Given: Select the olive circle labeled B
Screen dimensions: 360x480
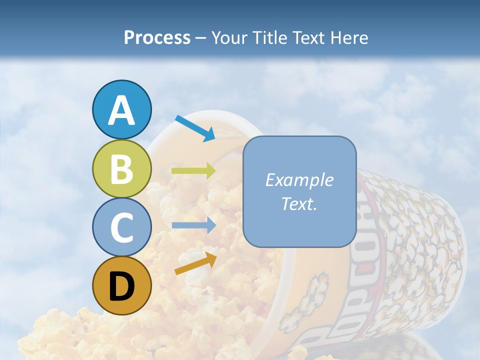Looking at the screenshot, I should click(121, 168).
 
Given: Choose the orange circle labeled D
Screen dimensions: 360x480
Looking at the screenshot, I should click(121, 285).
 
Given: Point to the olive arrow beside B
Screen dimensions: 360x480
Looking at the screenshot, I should click(193, 171).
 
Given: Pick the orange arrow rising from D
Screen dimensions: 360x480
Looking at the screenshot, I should click(195, 263).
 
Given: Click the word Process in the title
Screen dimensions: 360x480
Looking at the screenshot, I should click(157, 37).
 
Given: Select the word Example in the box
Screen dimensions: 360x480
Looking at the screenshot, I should click(299, 180).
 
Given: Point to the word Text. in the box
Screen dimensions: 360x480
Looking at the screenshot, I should click(299, 204).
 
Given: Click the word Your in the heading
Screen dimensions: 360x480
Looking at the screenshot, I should click(230, 37).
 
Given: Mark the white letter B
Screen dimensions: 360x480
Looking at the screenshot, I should click(121, 169).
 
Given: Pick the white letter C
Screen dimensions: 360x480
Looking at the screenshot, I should click(121, 227).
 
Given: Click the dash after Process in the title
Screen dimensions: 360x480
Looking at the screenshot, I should click(201, 38).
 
